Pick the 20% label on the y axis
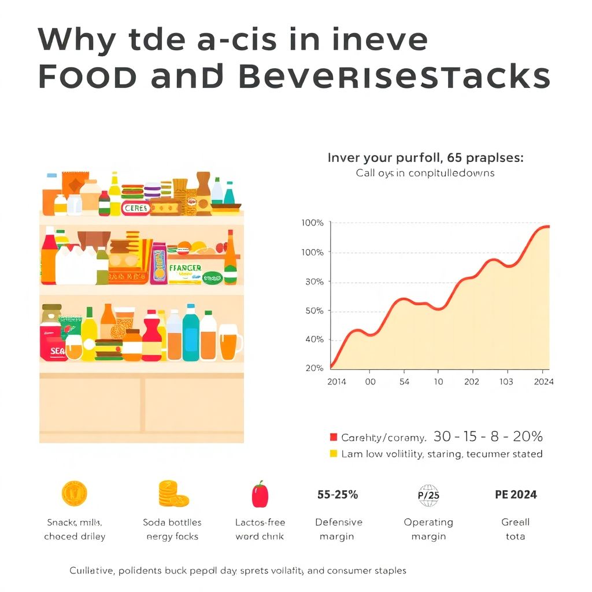313,368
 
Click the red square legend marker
333,438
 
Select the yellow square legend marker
333,454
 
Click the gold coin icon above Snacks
74,494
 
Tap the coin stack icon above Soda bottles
173,494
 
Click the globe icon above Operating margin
428,495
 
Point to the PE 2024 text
516,494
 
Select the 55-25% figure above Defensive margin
338,494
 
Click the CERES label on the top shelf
136,208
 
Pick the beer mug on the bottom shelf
230,342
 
